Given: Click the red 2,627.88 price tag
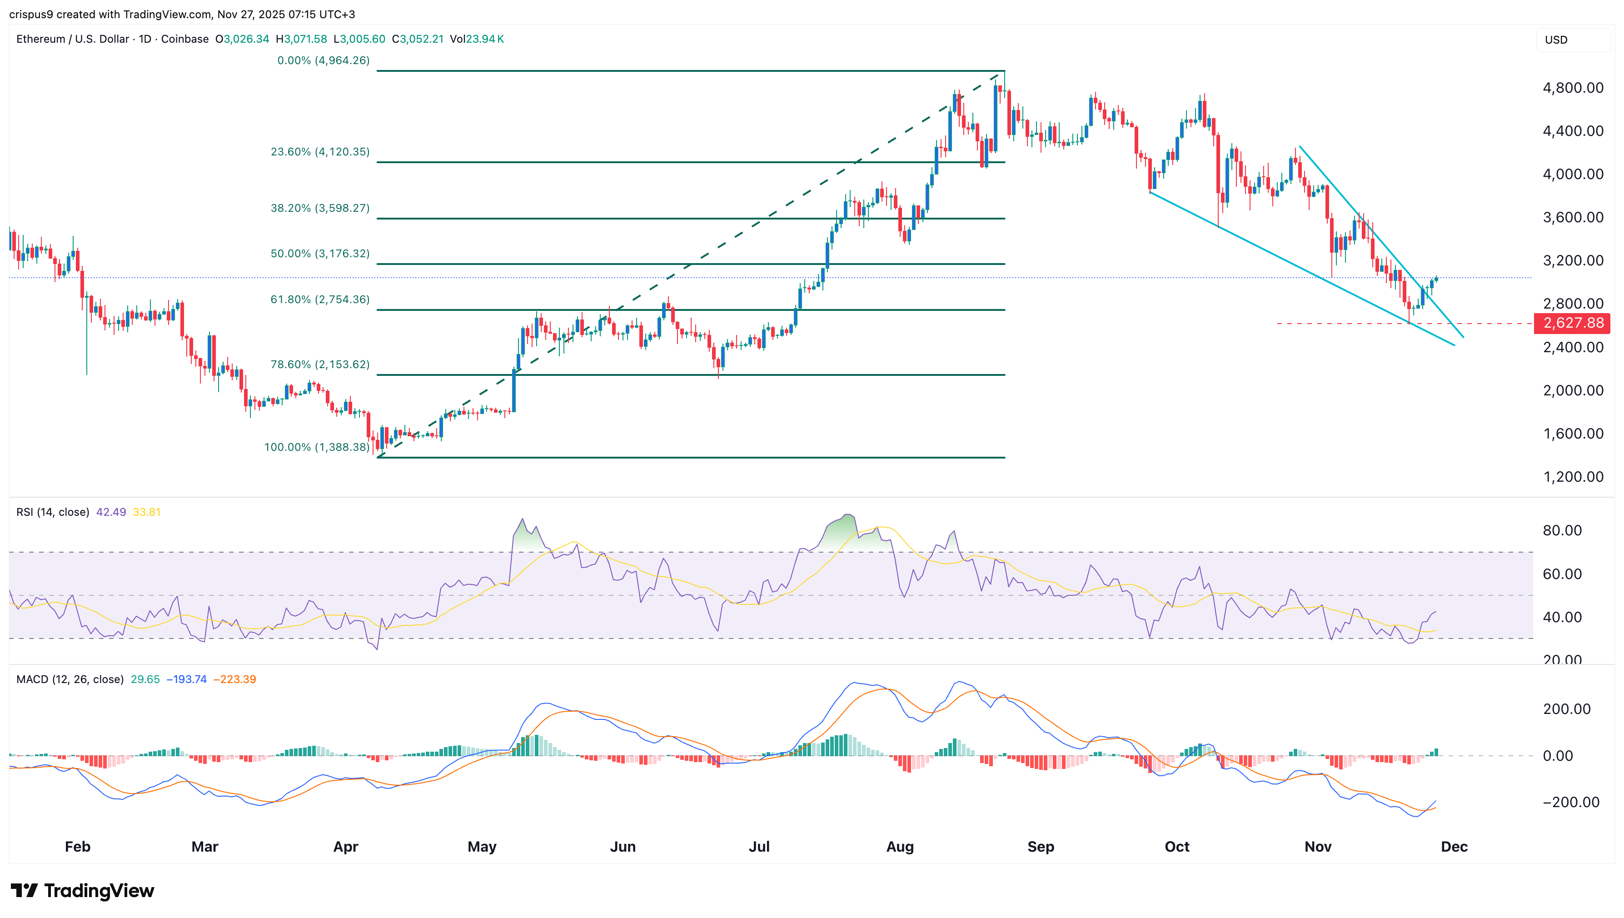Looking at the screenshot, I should (x=1572, y=324).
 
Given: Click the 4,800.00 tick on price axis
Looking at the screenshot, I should (x=1572, y=88).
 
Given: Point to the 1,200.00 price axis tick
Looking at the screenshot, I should (x=1572, y=477).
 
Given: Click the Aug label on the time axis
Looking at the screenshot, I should (x=900, y=846).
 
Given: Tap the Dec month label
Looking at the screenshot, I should (x=1454, y=846).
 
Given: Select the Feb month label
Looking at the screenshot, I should (x=78, y=846).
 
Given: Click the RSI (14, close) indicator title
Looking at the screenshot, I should (x=52, y=512).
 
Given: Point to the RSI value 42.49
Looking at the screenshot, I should (x=111, y=512).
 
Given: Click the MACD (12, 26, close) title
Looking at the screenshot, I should (x=70, y=679).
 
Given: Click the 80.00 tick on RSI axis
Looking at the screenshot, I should (x=1562, y=530).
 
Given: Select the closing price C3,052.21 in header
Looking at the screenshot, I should (x=417, y=39).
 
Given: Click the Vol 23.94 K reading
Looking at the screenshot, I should (x=477, y=39).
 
